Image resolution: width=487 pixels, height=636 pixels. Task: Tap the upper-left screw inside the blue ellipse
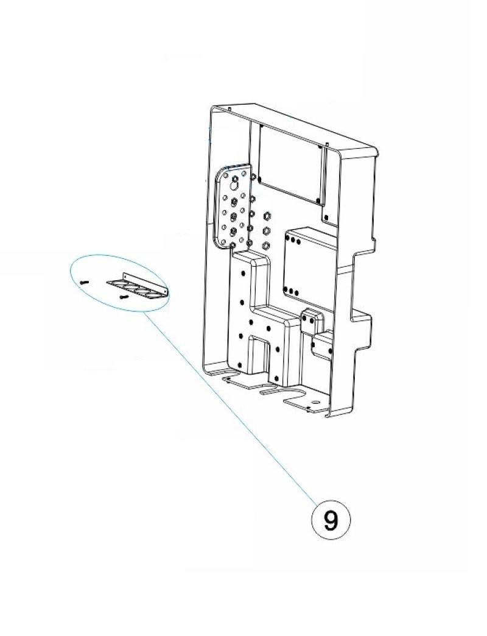coord(85,282)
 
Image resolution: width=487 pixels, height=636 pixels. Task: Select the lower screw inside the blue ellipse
coord(124,297)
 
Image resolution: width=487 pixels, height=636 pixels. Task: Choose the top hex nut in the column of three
coord(266,216)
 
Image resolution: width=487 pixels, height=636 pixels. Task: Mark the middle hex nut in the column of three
coord(266,231)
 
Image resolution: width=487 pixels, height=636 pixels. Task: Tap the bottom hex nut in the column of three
coord(266,246)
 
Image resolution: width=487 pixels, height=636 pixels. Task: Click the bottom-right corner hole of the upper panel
coord(317,199)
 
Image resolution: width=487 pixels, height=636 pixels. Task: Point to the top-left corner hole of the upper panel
coord(260,128)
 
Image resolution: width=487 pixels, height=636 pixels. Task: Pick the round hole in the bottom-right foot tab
coord(315,403)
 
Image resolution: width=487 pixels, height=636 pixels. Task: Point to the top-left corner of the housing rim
coord(209,108)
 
